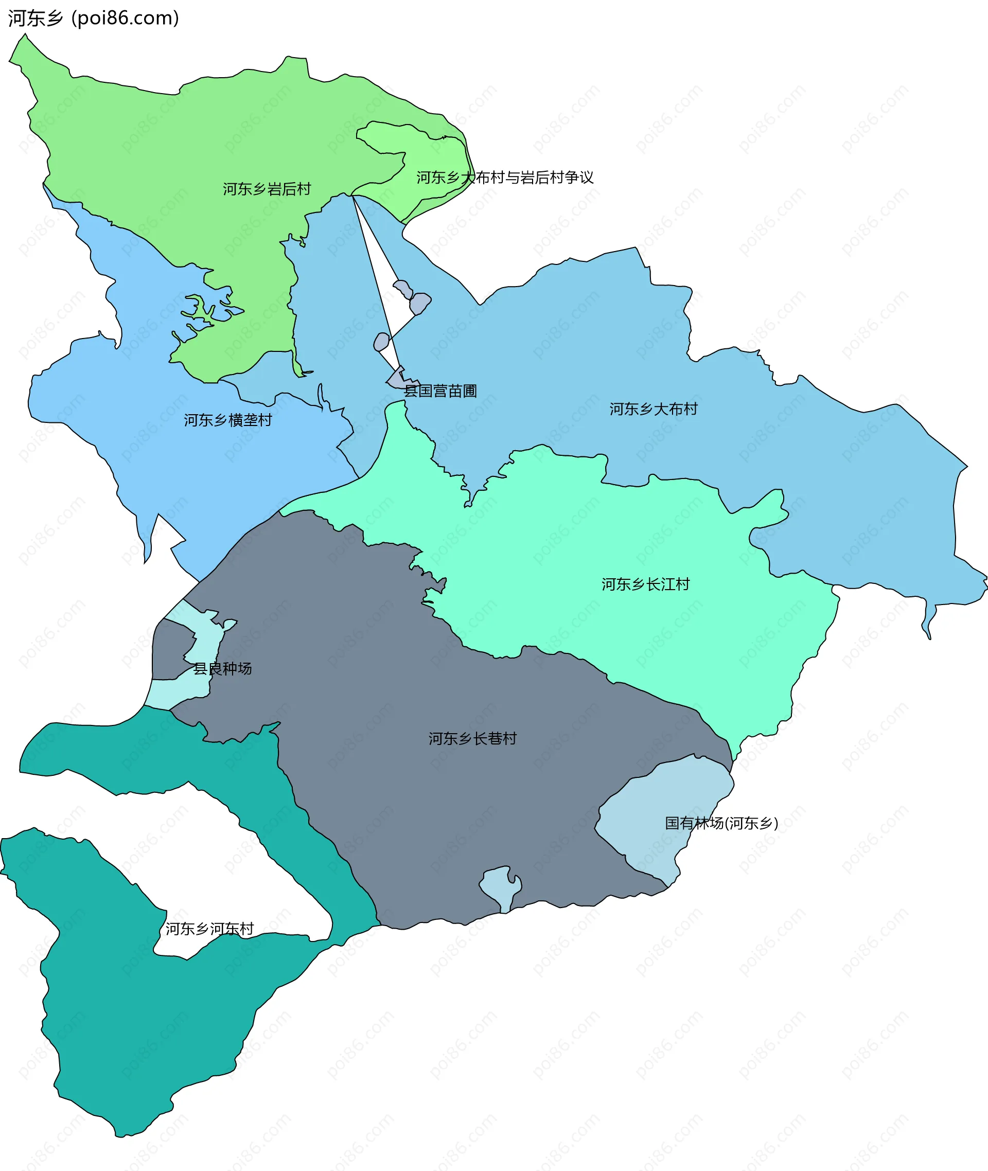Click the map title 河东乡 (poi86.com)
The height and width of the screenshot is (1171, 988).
94,19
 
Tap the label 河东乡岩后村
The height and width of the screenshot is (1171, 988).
267,189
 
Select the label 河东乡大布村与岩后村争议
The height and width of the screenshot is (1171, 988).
505,178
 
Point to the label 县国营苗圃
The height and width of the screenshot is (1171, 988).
440,391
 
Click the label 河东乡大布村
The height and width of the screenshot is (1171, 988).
654,409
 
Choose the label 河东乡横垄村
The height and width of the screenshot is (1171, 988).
228,420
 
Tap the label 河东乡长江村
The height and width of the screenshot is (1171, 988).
645,584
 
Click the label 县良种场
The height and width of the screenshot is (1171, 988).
222,668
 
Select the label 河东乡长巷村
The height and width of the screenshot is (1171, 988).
472,739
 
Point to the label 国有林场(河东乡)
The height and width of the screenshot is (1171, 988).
721,823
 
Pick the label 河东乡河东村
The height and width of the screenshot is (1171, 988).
209,929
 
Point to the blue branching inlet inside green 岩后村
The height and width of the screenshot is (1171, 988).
213,311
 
